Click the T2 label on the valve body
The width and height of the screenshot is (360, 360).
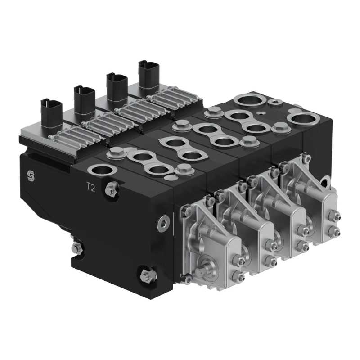coord(91,187)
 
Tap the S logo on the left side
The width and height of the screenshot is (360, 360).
coord(31,176)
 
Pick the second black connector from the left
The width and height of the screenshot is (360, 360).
coord(84,100)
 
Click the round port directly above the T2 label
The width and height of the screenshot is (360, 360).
coord(103,170)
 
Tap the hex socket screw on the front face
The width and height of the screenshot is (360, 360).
coord(164,223)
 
